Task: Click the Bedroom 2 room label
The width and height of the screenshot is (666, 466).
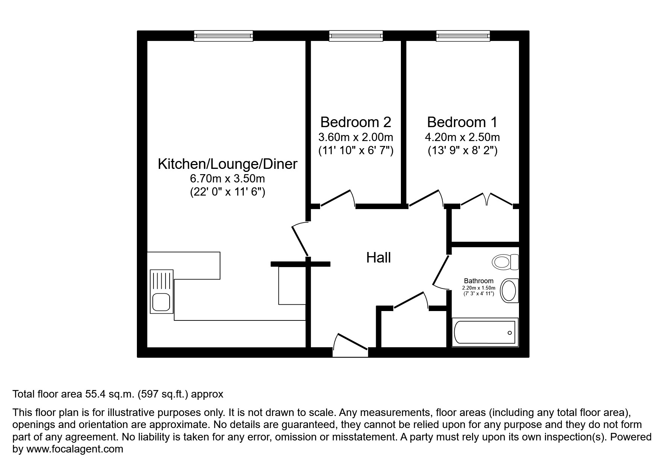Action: [x=355, y=122]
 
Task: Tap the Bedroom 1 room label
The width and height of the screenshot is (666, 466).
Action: [x=462, y=122]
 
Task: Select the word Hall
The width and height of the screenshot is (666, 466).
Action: [x=378, y=258]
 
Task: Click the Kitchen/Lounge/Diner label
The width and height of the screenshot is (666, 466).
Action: [x=228, y=164]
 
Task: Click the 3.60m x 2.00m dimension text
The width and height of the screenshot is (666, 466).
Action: [x=355, y=137]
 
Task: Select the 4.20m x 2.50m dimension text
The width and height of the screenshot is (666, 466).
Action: [x=462, y=137]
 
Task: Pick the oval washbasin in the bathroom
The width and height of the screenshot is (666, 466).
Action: [x=509, y=290]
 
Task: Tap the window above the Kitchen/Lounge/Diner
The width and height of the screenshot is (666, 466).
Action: [x=223, y=36]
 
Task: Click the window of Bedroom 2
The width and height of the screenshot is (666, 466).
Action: [x=356, y=36]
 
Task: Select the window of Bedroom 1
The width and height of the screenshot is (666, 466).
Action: [x=463, y=36]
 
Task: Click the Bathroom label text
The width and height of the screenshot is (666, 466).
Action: [x=478, y=281]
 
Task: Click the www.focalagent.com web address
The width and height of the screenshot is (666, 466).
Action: [x=74, y=449]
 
